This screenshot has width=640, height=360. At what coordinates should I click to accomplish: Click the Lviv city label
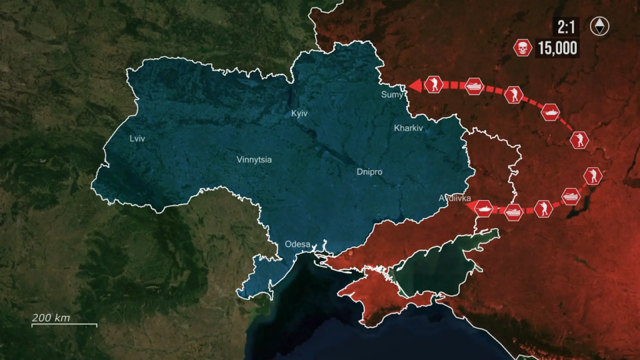[x=137, y=139]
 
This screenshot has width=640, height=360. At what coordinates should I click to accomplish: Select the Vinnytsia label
[x=254, y=159]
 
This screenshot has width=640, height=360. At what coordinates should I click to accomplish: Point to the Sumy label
[x=392, y=94]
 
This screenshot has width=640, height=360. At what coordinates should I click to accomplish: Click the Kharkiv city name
[x=409, y=128]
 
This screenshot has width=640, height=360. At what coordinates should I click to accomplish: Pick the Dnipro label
[x=369, y=171]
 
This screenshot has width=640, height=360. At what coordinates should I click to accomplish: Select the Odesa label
[x=297, y=244]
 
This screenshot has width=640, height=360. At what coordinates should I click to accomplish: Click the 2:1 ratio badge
[x=565, y=27]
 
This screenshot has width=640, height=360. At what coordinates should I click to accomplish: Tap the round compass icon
[x=600, y=26]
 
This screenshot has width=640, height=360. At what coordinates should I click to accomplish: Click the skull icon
[x=522, y=47]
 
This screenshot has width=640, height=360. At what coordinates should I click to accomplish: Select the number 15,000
[x=557, y=48]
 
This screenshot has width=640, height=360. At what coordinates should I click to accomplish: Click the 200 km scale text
[x=52, y=317]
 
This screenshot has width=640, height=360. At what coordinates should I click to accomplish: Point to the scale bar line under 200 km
[x=64, y=325]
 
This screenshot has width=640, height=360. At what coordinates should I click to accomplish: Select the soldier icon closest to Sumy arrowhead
[x=433, y=84]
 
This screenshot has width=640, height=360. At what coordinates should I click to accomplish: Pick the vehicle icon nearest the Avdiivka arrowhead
[x=483, y=207]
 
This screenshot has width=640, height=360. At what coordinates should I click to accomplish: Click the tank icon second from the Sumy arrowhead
[x=474, y=86]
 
